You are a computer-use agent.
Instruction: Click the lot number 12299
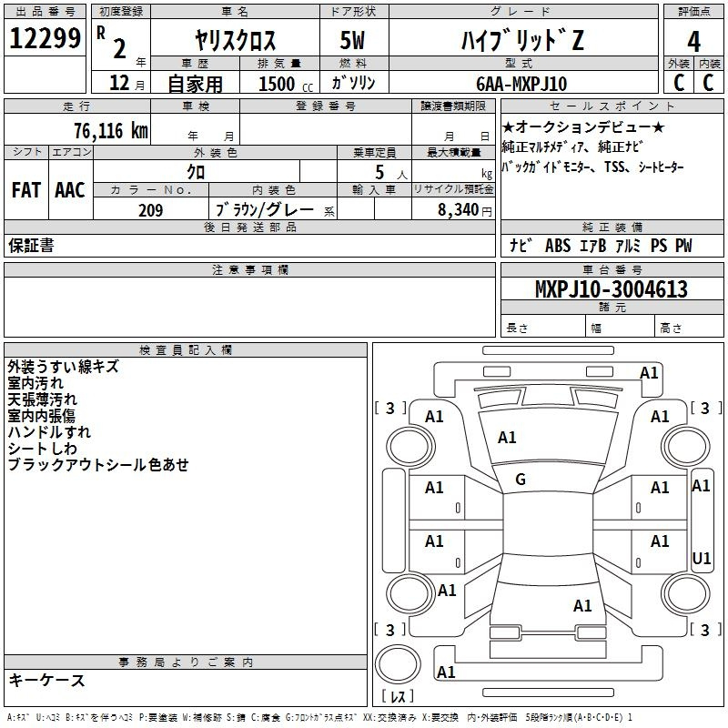pos(45,38)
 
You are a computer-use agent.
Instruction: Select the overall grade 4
pos(693,42)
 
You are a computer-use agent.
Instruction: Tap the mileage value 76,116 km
pos(111,131)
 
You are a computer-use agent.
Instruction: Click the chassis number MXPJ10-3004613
pos(611,289)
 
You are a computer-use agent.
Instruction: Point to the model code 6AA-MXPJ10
pos(521,84)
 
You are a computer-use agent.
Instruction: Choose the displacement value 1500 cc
pos(286,84)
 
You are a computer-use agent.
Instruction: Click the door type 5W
pos(352,40)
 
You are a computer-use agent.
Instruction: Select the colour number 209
pos(151,210)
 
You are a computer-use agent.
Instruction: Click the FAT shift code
pos(26,190)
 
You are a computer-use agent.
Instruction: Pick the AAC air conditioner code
pos(70,190)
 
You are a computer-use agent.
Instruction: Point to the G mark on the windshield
pos(521,480)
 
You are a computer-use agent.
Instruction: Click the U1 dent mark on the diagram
pos(701,558)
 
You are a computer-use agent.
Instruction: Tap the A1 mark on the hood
pos(507,438)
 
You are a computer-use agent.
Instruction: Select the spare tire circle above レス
pos(398,664)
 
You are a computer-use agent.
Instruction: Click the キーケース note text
pos(47,681)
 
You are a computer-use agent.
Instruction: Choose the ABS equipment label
pos(558,246)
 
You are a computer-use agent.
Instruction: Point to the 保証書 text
pos(31,245)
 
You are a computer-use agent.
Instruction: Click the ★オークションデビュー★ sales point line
pos(583,126)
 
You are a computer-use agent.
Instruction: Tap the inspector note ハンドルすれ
pos(49,432)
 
